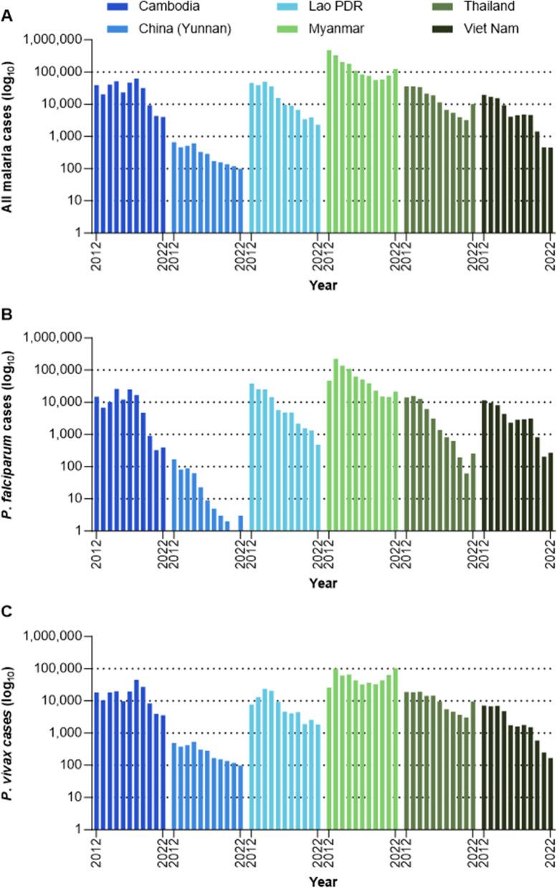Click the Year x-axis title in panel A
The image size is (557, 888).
(323, 285)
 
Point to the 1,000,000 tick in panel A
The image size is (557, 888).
(56, 40)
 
